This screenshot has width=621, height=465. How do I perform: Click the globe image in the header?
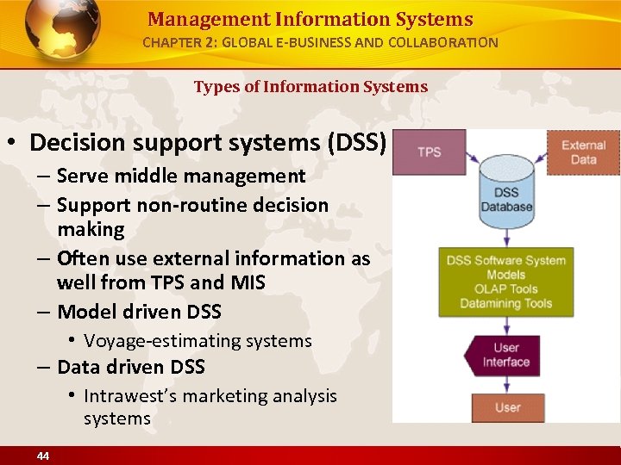[x=62, y=30]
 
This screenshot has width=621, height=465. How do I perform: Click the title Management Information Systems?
[x=310, y=19]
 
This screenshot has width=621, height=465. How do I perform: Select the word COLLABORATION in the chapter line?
[x=446, y=42]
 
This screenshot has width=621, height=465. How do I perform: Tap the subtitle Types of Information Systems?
[x=310, y=86]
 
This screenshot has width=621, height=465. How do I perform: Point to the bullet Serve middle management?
[x=181, y=176]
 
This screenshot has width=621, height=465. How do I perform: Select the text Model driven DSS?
[x=139, y=311]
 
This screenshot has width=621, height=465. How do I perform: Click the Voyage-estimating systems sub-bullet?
[x=198, y=341]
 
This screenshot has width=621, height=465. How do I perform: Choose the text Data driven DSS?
[x=131, y=367]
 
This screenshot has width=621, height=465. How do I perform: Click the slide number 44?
[x=43, y=456]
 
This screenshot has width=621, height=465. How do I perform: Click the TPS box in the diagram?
[x=429, y=152]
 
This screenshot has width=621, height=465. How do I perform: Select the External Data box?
[x=584, y=152]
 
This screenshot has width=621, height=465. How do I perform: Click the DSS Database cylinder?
[x=507, y=191]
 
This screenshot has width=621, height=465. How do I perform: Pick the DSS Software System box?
[x=506, y=282]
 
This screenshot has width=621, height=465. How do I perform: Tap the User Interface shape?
[x=505, y=355]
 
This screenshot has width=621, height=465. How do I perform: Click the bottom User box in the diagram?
[x=507, y=406]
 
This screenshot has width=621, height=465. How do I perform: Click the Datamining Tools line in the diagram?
[x=506, y=302]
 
